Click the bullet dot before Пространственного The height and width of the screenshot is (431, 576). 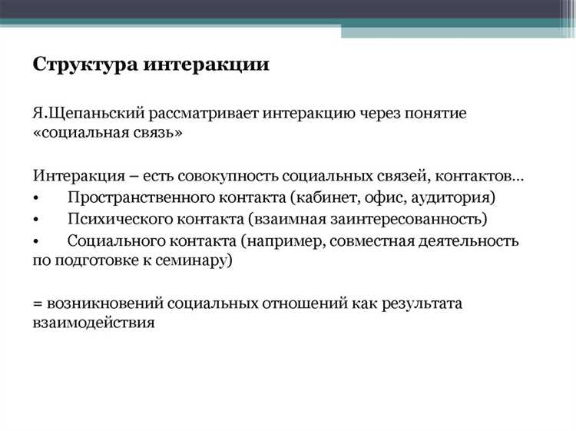pyautogui.click(x=36, y=198)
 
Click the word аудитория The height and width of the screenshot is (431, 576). pyautogui.click(x=454, y=197)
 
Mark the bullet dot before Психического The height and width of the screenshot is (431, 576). pyautogui.click(x=36, y=220)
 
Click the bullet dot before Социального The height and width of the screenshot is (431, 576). pyautogui.click(x=36, y=241)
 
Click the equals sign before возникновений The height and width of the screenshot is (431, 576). pyautogui.click(x=38, y=303)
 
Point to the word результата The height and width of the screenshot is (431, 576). pyautogui.click(x=420, y=303)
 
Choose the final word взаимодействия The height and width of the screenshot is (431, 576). pyautogui.click(x=94, y=323)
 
